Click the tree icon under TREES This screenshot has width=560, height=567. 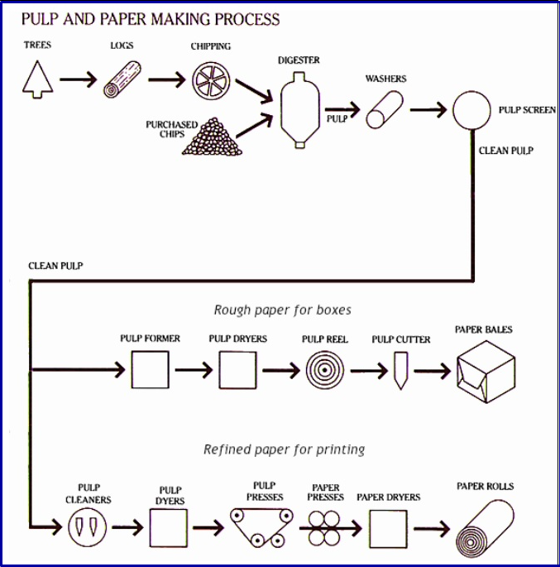[38, 79]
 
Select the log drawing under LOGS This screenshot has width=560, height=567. [123, 80]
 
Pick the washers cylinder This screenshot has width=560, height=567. [385, 109]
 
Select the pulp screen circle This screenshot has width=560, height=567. [472, 109]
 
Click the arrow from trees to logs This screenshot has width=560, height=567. [79, 80]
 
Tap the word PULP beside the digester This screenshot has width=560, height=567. [336, 119]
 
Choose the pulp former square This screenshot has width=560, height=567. [150, 370]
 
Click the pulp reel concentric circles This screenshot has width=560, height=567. [324, 370]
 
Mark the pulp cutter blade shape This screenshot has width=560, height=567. [401, 370]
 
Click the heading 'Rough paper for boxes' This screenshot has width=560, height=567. [282, 310]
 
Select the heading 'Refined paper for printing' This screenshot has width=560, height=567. [284, 449]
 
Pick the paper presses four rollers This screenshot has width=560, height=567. [323, 526]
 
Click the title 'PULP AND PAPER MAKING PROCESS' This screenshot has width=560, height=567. [150, 19]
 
